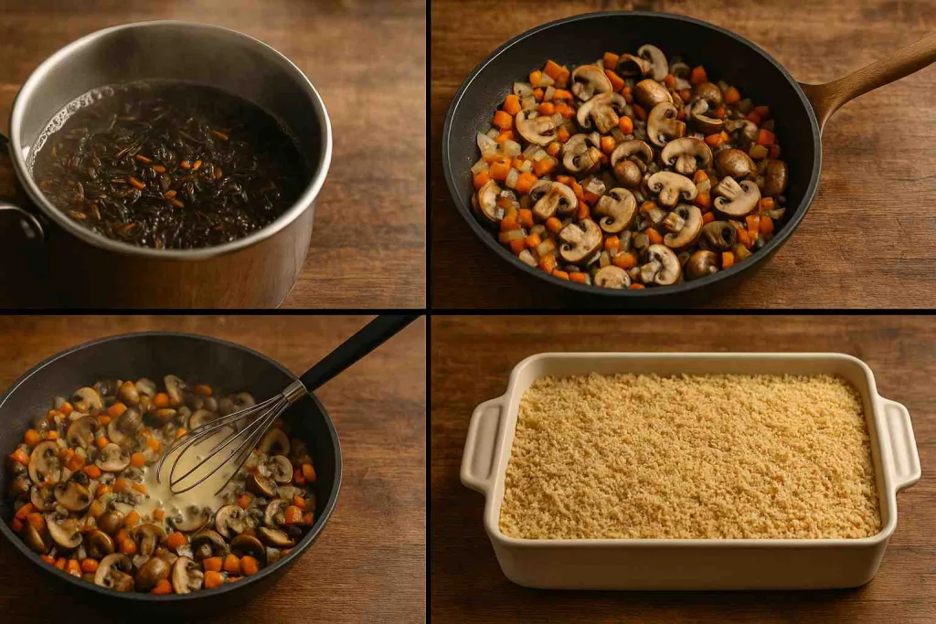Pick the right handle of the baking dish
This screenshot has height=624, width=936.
(x=899, y=443)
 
